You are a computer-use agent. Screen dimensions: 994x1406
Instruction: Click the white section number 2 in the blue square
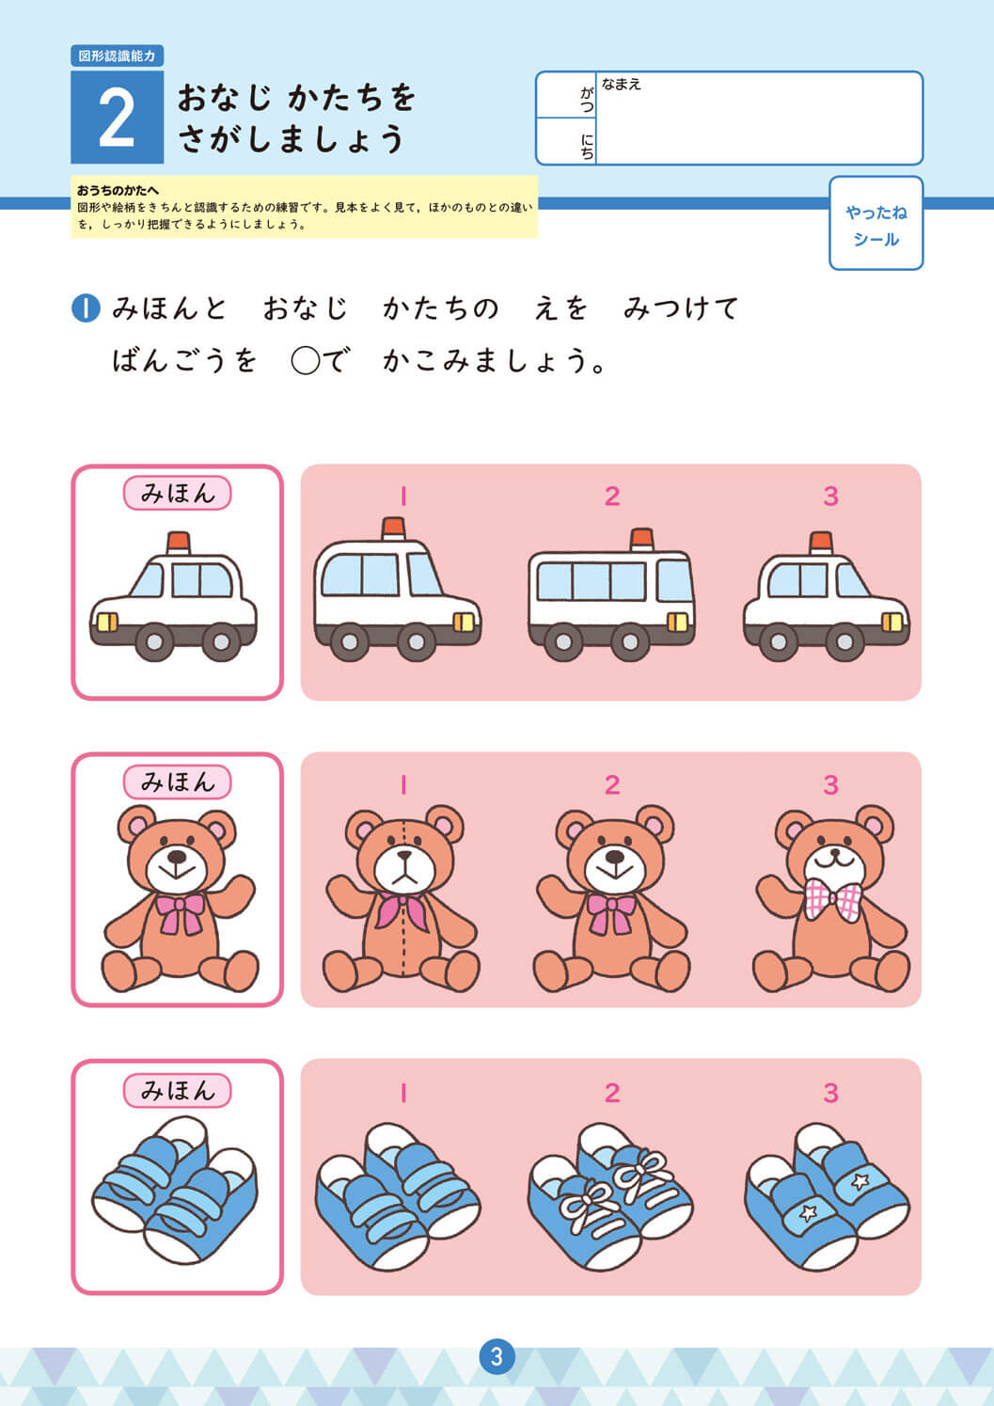tap(117, 118)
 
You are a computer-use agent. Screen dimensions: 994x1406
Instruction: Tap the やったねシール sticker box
tap(876, 224)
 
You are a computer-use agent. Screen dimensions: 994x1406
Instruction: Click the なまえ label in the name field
tap(622, 84)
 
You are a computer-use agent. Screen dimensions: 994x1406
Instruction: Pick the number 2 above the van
tap(612, 497)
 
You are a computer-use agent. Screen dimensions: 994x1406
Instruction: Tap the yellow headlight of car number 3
tap(891, 622)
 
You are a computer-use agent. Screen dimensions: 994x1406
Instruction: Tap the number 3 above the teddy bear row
tap(831, 784)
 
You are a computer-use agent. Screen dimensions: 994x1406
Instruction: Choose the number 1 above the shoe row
tap(403, 1094)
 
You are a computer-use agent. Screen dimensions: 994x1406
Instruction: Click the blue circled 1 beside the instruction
tap(86, 308)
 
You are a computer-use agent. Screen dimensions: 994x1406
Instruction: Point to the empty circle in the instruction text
tap(306, 361)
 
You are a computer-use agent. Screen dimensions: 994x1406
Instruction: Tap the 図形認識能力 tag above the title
tap(118, 55)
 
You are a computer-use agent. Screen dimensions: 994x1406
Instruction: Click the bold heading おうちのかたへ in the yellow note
tap(118, 190)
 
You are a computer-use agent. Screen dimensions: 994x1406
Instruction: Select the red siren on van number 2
tap(642, 539)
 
